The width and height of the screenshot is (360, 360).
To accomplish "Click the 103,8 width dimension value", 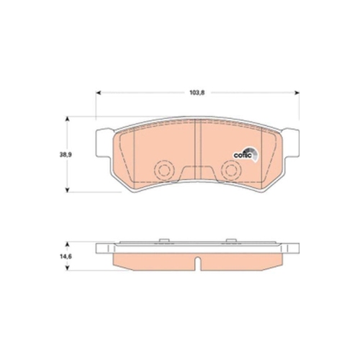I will tap(197, 92).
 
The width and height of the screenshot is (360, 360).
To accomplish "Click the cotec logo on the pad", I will tap(243, 151).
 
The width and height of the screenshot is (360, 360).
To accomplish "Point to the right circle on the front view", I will tap(231, 171).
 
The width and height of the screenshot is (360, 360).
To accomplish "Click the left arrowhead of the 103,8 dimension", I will tap(99, 92).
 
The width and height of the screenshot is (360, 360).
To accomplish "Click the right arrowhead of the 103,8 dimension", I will tap(297, 92).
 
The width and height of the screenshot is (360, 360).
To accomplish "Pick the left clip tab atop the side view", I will tap(163, 238).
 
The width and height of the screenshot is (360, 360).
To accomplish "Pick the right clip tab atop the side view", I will tap(231, 238).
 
